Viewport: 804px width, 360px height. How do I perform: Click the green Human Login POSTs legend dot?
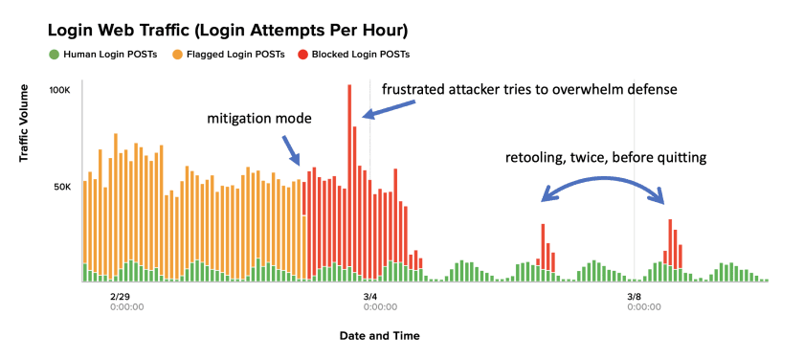coord(55,54)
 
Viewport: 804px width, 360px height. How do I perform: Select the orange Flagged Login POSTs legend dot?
coord(177,54)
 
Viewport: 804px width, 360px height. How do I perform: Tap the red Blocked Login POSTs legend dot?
coord(303,54)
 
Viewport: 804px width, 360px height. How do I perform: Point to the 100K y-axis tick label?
coord(60,90)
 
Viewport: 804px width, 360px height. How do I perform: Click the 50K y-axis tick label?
coord(62,187)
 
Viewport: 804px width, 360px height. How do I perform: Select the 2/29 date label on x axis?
coord(119,297)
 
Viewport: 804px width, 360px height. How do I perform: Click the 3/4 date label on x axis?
coord(369,297)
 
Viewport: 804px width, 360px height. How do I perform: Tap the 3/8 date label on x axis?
coord(634,297)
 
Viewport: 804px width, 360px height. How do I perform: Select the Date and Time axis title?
coord(379,336)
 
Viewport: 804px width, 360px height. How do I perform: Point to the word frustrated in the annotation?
coord(414,90)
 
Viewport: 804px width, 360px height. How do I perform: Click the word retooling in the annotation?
coord(535,157)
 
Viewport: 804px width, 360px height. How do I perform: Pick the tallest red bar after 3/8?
coord(670,239)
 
